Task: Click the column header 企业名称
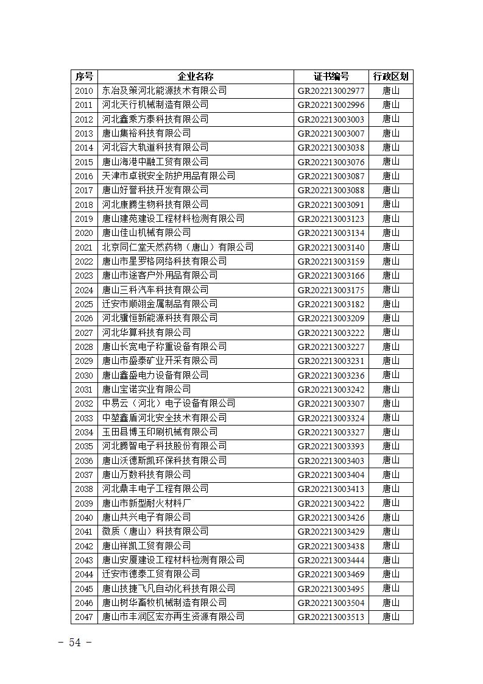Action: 196,76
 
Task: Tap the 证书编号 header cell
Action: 331,76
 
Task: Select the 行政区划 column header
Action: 390,76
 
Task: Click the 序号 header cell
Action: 84,76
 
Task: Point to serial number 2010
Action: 84,91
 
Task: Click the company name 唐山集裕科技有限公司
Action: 146,134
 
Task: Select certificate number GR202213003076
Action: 331,162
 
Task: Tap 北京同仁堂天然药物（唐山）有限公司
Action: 177,248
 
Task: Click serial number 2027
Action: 84,333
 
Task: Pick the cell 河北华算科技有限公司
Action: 146,333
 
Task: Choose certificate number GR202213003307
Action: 331,404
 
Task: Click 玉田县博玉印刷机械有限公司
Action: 160,432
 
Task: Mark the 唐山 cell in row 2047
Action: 390,617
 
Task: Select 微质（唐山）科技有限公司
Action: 155,532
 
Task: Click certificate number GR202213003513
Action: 331,617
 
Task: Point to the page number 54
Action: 76,643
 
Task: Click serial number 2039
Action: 84,504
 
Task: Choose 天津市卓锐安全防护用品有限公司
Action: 168,176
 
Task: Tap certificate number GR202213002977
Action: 331,91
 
